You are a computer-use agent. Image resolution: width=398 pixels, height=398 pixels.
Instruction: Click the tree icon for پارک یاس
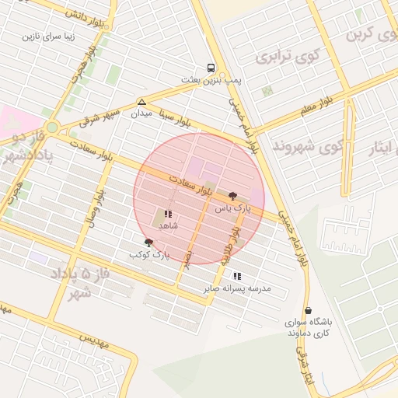[x=233, y=196]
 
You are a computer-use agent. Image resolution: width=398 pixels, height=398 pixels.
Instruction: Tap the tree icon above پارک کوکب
[x=149, y=243]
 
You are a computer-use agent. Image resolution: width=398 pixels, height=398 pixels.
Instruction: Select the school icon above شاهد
[x=168, y=214]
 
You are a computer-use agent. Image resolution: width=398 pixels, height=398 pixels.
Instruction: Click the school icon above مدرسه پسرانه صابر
[x=237, y=276]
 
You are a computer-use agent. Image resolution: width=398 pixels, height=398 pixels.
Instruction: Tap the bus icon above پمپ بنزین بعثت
[x=211, y=68]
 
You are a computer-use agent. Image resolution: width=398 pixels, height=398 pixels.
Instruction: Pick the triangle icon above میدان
[x=141, y=103]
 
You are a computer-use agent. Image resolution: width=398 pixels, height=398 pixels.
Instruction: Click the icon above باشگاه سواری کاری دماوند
[x=309, y=310]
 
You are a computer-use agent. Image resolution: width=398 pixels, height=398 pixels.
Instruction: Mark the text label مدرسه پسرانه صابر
[x=237, y=288]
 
